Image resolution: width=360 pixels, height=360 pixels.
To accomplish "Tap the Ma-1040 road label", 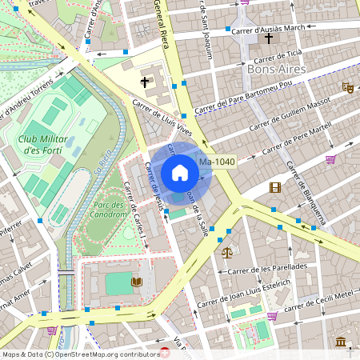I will (x=217, y=162).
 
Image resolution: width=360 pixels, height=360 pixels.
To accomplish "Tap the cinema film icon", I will (x=275, y=187).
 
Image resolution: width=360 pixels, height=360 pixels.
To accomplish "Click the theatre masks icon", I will (x=347, y=87).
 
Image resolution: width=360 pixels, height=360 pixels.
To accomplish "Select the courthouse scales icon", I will (x=226, y=252).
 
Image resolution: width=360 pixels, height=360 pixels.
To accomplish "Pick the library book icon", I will (x=136, y=282).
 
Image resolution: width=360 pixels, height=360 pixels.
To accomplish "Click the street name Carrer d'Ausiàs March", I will (x=268, y=28).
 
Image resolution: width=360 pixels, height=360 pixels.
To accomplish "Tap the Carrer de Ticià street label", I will (x=278, y=55).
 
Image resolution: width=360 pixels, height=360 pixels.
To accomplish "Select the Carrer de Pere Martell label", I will (x=301, y=134).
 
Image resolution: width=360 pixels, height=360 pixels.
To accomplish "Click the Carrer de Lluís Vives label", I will (x=163, y=116).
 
